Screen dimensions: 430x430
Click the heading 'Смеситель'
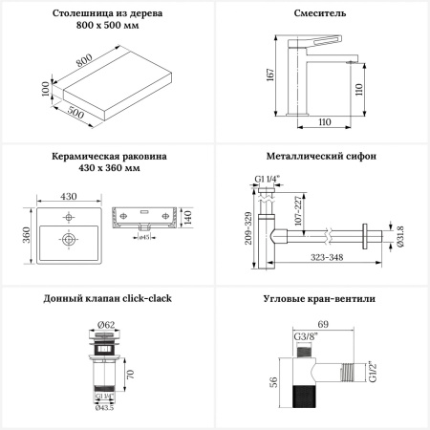tap(320, 13)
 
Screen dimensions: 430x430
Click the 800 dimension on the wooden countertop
tap(84, 59)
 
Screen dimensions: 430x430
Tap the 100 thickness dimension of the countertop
tap(46, 89)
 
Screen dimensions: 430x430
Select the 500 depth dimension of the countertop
tap(75, 113)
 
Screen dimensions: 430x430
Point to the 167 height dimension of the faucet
tap(270, 75)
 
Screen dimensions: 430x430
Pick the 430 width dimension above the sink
tap(69, 196)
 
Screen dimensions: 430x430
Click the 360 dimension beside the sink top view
tap(27, 235)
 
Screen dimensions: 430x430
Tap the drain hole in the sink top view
tap(69, 239)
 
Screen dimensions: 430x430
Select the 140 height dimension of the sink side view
tap(187, 217)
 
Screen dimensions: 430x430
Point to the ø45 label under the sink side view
tap(144, 237)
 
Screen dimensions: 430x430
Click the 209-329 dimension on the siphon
tap(248, 228)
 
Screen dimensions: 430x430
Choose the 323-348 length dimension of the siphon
tap(327, 257)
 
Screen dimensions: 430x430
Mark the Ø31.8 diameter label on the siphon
tap(400, 236)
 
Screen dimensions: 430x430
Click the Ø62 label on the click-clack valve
tap(105, 325)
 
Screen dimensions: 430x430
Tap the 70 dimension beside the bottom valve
tap(130, 375)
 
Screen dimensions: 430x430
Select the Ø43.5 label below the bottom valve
tap(104, 408)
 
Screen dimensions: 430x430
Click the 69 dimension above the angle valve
tap(323, 324)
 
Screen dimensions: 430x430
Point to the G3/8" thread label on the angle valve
tap(306, 336)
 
